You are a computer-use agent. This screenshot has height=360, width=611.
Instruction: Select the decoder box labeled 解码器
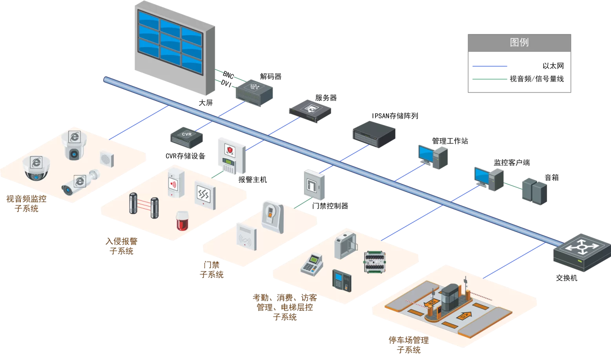[254, 93]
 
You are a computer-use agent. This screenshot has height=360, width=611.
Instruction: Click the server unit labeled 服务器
[310, 110]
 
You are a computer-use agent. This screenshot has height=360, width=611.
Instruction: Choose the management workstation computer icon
[432, 156]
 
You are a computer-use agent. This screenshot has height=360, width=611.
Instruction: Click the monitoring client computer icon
[488, 178]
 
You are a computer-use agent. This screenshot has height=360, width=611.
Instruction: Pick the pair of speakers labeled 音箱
[534, 191]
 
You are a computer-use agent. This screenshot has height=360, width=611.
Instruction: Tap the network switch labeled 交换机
[582, 253]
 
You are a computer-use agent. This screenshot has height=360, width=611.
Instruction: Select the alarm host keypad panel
[231, 156]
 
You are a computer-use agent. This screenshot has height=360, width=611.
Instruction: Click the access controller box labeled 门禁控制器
[314, 184]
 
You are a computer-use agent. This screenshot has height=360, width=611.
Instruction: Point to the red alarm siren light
[182, 221]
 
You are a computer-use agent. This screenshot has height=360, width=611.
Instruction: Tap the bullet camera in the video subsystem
[80, 183]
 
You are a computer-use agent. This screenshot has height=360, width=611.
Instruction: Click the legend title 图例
[519, 42]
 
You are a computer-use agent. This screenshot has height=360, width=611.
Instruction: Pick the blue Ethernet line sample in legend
[490, 66]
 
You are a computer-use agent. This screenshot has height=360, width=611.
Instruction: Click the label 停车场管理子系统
[409, 345]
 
